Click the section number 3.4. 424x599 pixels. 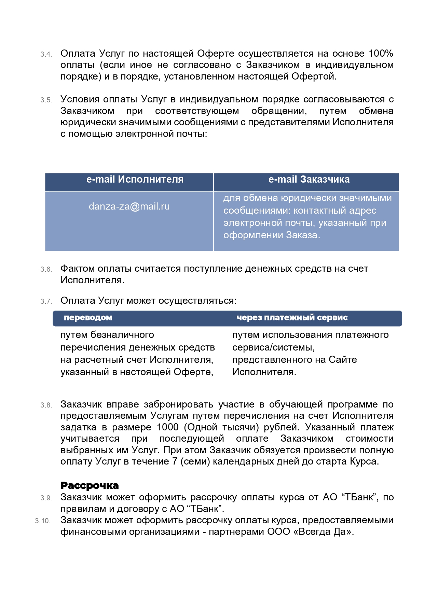coord(46,55)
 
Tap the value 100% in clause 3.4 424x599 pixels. coord(381,54)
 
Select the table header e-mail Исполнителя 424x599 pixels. coord(135,180)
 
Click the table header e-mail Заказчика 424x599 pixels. coord(309,180)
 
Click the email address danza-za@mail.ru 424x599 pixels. coord(129,206)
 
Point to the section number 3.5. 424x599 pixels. coord(46,100)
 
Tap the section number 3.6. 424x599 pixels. coord(46,270)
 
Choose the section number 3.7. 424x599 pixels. coord(46,302)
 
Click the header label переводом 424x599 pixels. coord(88,318)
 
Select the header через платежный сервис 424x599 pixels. coord(292,318)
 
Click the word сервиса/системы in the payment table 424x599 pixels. coord(273,347)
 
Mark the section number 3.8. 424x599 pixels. coord(46,405)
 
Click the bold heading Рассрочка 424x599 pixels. coord(90,486)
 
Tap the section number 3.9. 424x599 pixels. coord(46,498)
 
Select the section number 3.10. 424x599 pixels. coord(43,521)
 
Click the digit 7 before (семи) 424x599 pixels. coord(175,461)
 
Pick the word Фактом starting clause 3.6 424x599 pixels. coord(77,269)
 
